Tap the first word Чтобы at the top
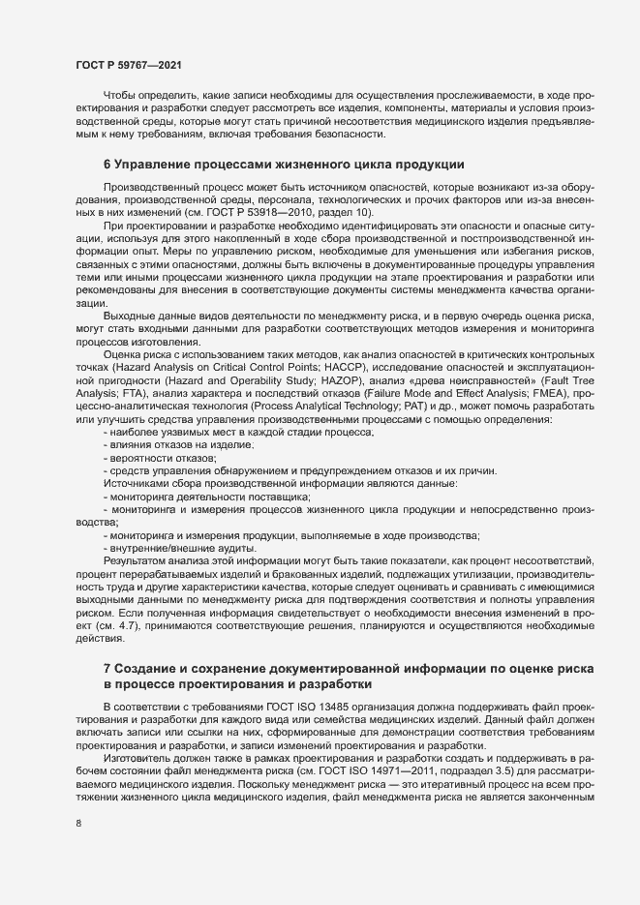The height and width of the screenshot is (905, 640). [x=120, y=95]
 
